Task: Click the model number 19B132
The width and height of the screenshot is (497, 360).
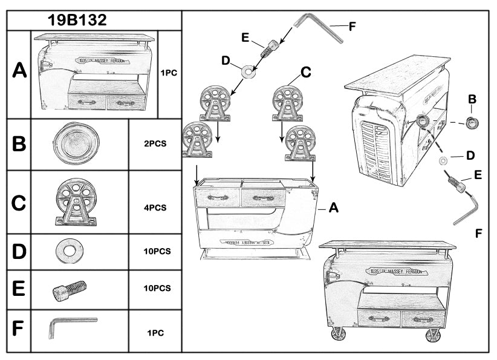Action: (77, 20)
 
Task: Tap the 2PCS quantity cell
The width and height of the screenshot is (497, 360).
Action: (155, 145)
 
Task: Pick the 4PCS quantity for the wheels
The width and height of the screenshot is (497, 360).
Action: (155, 208)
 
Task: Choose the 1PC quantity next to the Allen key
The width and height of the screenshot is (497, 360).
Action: (155, 332)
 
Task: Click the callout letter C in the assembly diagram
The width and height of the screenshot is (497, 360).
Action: (305, 73)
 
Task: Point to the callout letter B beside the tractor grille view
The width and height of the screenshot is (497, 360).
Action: (472, 99)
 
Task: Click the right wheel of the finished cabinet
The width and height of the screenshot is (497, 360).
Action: (433, 335)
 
